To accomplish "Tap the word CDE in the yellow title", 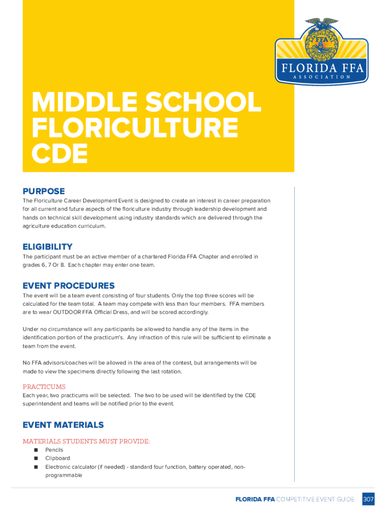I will click(x=60, y=154).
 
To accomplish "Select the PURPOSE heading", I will click(x=44, y=191).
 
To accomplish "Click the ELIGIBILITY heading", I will click(x=48, y=247).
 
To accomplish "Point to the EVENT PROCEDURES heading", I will click(x=69, y=286).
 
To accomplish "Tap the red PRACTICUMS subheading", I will click(x=44, y=387).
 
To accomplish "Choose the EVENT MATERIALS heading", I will click(x=63, y=425).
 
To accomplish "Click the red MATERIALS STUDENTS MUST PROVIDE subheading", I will click(x=86, y=442).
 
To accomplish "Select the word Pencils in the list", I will click(x=54, y=450).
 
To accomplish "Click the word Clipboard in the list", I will click(x=58, y=458).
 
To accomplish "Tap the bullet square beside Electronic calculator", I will click(x=36, y=467).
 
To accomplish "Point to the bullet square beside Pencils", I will click(x=36, y=450).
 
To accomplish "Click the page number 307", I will click(x=368, y=499).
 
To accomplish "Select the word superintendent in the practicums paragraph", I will click(x=44, y=404).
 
